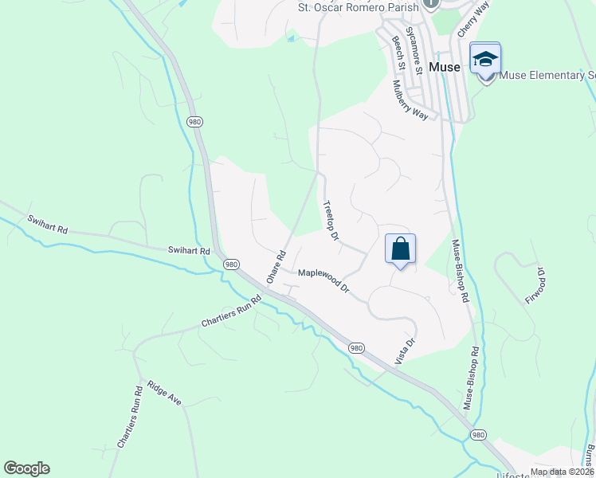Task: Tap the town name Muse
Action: pos(445,68)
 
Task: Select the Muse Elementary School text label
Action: pos(547,76)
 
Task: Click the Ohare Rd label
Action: pos(276,267)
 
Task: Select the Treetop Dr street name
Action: pos(331,221)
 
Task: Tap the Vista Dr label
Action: pos(406,353)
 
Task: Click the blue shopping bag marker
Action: pos(400,249)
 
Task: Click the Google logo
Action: pos(26,468)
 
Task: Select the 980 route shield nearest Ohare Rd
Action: pos(231,264)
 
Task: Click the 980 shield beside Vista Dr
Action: pos(356,348)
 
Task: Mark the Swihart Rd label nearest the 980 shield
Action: pos(189,250)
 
